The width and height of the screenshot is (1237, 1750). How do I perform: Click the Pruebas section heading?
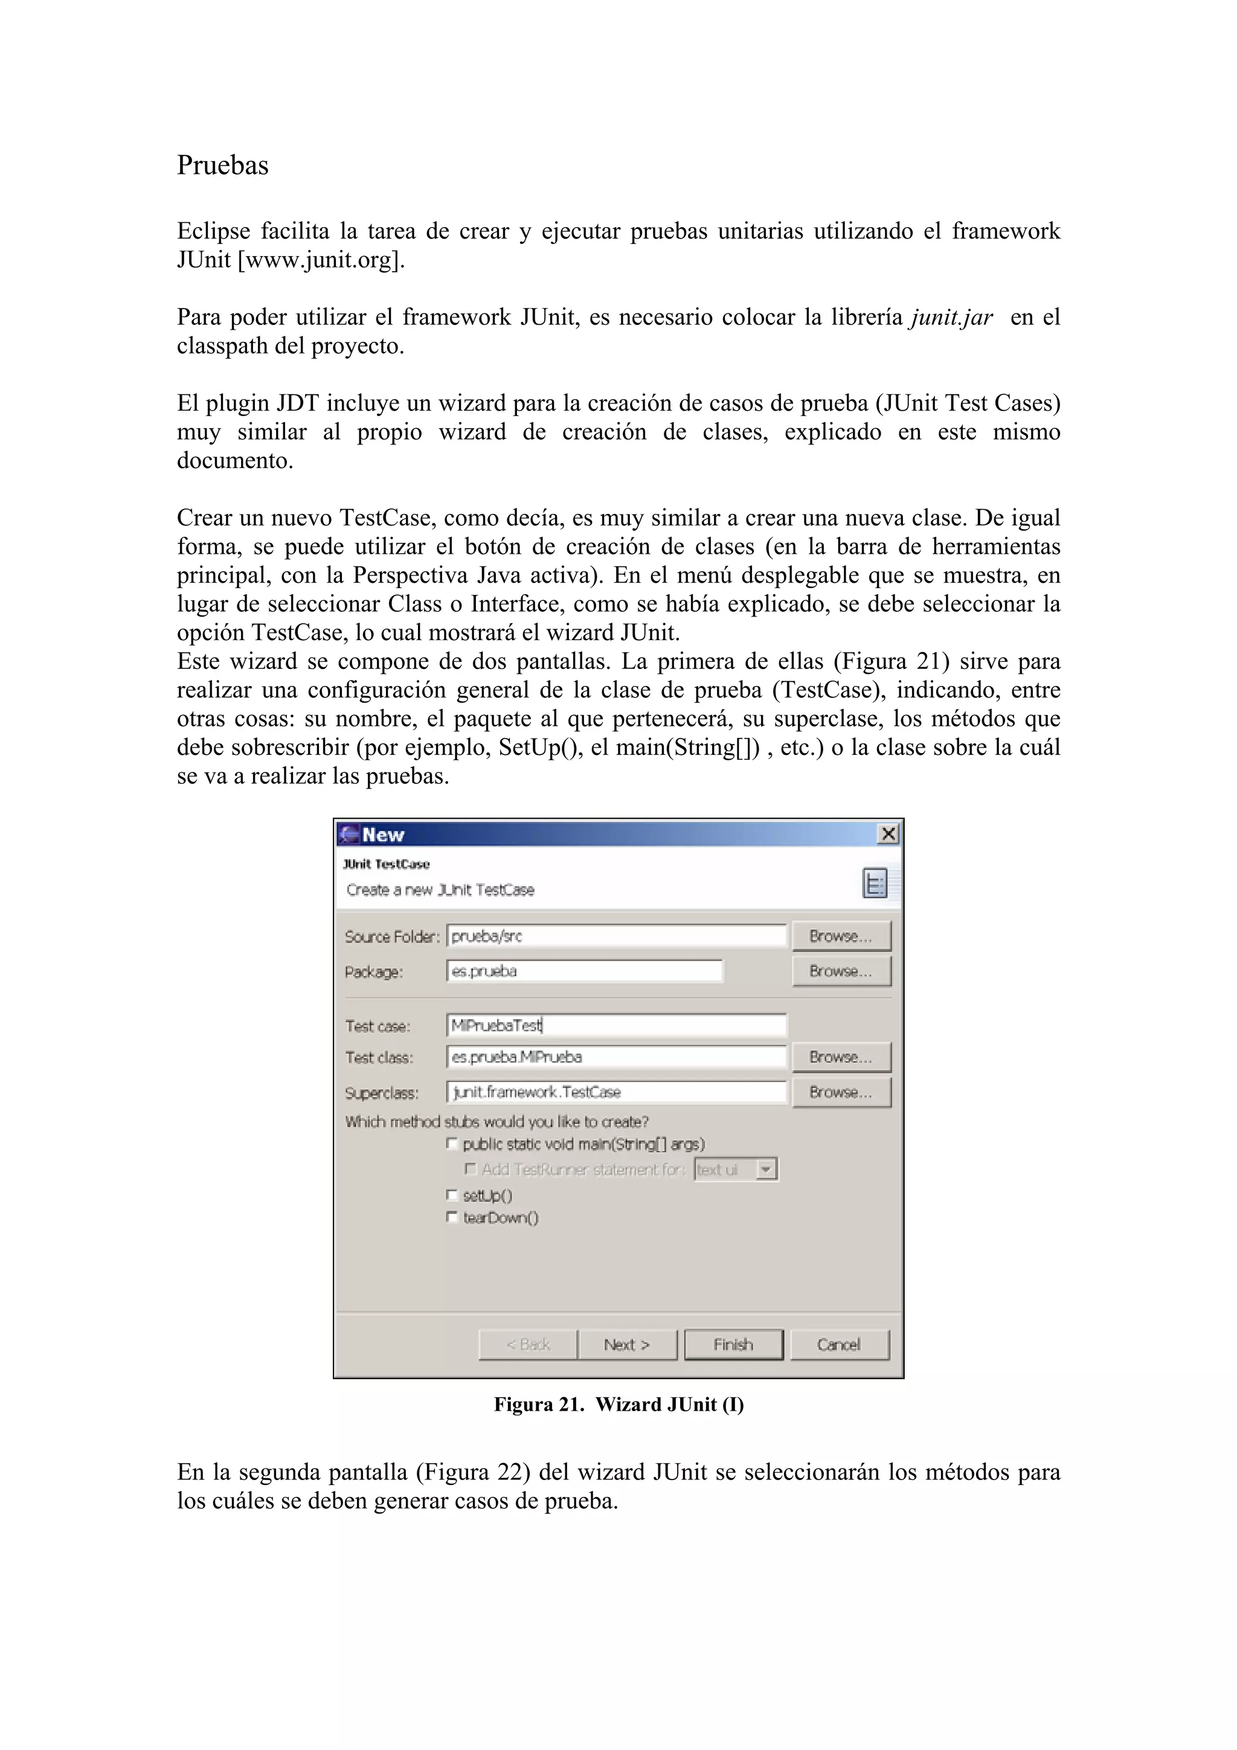tap(222, 165)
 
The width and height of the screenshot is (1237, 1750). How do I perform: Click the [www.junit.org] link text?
tap(320, 260)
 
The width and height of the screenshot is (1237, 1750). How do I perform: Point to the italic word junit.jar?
tap(951, 317)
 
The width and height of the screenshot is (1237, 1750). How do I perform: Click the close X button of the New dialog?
tap(888, 834)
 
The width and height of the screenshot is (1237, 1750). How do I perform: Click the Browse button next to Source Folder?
tap(841, 936)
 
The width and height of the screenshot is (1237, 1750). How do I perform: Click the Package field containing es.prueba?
tap(584, 971)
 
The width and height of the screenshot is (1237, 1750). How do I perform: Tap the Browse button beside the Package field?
tap(841, 971)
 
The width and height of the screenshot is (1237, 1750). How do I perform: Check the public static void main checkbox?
tap(452, 1143)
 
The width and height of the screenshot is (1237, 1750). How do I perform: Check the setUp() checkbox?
tap(452, 1194)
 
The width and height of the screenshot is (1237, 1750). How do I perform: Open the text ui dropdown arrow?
tap(766, 1169)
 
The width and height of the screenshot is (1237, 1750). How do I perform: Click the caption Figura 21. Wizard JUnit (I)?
tap(618, 1404)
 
